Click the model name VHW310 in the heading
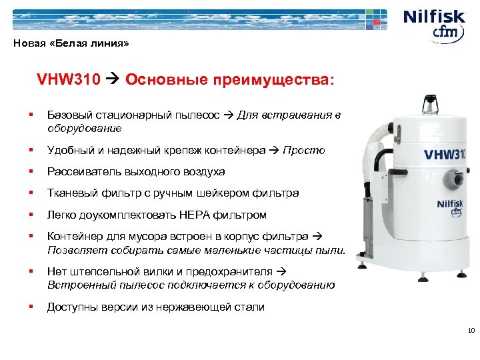coord(68,81)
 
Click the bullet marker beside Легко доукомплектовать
coord(31,215)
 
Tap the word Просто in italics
coord(304,150)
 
